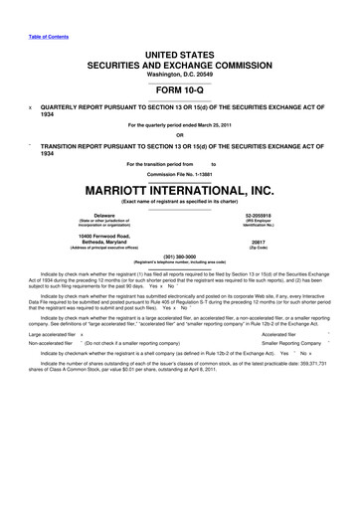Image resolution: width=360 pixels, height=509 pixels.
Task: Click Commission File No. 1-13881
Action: click(180, 174)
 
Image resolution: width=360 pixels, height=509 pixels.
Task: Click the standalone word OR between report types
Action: click(180, 135)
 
